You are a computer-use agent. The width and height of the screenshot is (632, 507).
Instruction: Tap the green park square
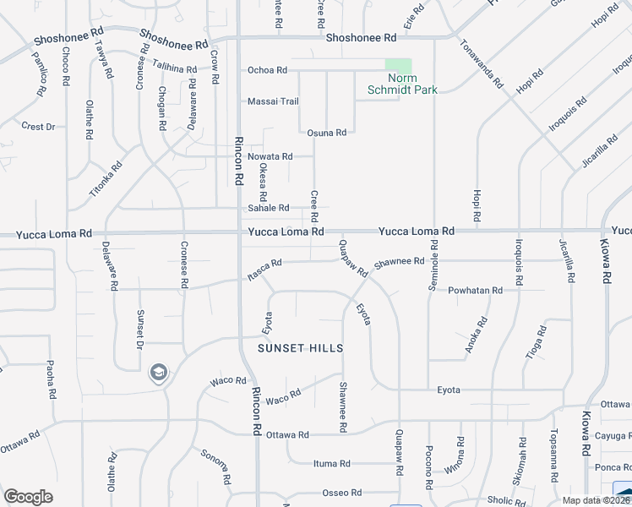coord(399,68)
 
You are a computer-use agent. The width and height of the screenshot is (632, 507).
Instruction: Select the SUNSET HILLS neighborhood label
coord(301,348)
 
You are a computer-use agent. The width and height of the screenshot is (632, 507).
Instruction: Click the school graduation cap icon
coord(158,372)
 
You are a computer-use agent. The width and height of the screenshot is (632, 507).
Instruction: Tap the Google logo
coord(28,497)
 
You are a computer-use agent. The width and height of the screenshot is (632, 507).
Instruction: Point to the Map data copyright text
coord(597,500)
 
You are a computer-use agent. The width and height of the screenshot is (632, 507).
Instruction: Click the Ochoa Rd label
coord(267,70)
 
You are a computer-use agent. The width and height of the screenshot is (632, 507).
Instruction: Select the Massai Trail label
coord(273,101)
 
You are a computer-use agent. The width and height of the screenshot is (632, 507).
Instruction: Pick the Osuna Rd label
coord(327,133)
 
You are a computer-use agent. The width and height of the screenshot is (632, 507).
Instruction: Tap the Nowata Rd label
coord(270,156)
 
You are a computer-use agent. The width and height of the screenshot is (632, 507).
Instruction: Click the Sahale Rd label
coord(269,208)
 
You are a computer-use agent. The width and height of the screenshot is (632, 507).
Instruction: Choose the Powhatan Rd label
coord(475,290)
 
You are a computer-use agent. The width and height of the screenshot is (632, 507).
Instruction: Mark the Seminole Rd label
coord(433,265)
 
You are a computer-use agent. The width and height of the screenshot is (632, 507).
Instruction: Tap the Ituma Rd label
coord(331,464)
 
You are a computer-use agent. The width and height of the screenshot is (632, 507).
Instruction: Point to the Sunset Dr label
coord(140,330)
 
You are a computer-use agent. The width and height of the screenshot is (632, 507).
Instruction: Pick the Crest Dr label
coord(38,127)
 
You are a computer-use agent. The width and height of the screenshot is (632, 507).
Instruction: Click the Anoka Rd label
coord(477,335)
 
